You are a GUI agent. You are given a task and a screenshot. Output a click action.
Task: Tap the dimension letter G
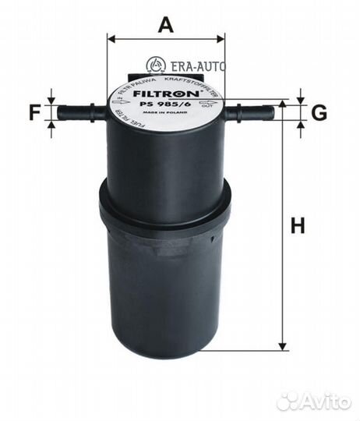(319, 113)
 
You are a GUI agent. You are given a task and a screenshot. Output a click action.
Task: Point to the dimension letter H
(298, 227)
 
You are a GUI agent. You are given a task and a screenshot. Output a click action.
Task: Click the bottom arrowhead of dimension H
(283, 345)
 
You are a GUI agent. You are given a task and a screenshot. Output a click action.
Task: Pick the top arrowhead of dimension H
(283, 106)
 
